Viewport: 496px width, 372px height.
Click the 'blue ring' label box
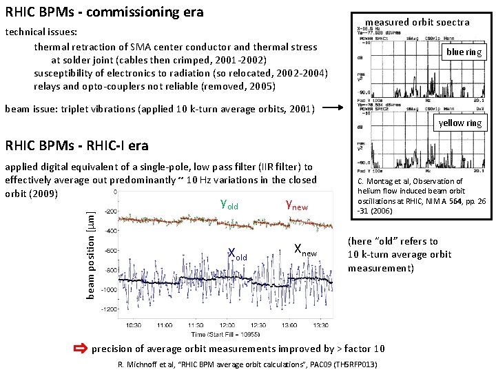pos(464,52)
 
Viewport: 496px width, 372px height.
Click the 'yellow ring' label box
pos(460,123)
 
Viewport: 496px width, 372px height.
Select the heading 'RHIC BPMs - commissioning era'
pos(105,12)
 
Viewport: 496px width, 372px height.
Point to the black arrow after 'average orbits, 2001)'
pos(337,108)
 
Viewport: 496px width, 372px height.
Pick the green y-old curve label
pos(229,204)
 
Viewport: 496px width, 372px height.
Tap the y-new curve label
pos(296,204)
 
